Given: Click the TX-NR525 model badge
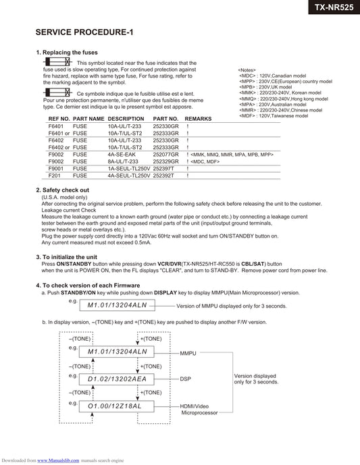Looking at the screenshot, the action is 334,7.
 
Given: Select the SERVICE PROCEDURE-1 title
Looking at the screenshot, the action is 84,32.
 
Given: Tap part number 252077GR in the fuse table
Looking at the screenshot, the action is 166,155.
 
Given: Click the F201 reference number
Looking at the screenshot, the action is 54,175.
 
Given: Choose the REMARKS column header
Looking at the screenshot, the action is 198,119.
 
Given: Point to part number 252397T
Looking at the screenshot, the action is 163,169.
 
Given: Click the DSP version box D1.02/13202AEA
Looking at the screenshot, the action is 117,379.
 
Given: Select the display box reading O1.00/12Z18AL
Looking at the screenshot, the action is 117,406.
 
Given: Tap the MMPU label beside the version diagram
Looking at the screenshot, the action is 188,354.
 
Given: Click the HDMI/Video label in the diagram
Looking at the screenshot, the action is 195,406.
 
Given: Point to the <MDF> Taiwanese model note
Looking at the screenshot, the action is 274,115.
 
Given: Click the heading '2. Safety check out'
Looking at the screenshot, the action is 63,190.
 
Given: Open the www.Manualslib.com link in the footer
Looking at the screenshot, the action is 58,460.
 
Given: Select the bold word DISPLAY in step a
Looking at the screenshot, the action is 165,293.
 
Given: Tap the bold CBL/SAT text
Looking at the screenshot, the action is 253,264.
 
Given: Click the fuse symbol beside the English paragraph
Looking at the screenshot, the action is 58,62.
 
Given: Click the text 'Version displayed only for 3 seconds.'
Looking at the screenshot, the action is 256,379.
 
